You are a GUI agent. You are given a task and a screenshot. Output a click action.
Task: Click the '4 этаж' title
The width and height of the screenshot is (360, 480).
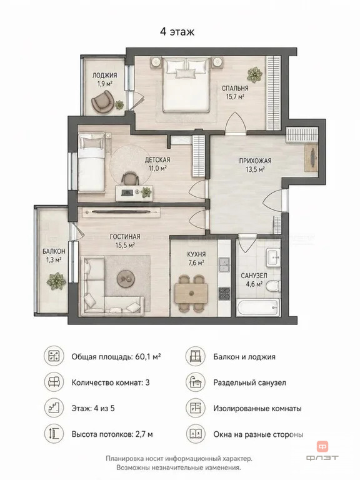point(177,31)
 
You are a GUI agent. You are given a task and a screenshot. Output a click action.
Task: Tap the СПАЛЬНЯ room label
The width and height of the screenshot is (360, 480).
point(235,88)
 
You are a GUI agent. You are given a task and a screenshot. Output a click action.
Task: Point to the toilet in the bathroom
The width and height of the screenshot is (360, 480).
point(272,286)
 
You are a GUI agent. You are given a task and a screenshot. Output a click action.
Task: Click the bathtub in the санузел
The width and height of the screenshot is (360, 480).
point(257,307)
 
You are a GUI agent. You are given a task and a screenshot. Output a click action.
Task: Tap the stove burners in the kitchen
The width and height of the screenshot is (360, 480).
point(224,293)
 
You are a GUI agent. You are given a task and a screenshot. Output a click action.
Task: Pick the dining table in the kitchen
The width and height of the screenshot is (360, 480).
point(191,293)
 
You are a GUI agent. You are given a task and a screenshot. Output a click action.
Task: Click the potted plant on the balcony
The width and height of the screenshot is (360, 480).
point(56,281)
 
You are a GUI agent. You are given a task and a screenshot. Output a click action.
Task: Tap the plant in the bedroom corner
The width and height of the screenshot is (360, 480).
point(255,74)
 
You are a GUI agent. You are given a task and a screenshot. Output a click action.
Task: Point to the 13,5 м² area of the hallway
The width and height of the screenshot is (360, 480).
point(255,169)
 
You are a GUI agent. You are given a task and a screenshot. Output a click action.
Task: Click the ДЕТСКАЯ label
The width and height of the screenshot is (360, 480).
point(157,160)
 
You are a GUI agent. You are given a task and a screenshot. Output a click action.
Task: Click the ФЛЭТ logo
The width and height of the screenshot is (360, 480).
point(322,451)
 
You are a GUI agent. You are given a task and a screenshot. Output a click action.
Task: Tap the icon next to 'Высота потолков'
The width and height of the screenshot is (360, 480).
point(54,434)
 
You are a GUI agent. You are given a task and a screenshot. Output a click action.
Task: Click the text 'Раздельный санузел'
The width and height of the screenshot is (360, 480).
point(250,382)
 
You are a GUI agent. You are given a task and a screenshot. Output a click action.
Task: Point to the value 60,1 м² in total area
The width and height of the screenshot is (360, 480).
point(148,357)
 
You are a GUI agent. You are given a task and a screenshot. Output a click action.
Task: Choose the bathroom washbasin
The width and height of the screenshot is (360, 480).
point(272,257)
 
